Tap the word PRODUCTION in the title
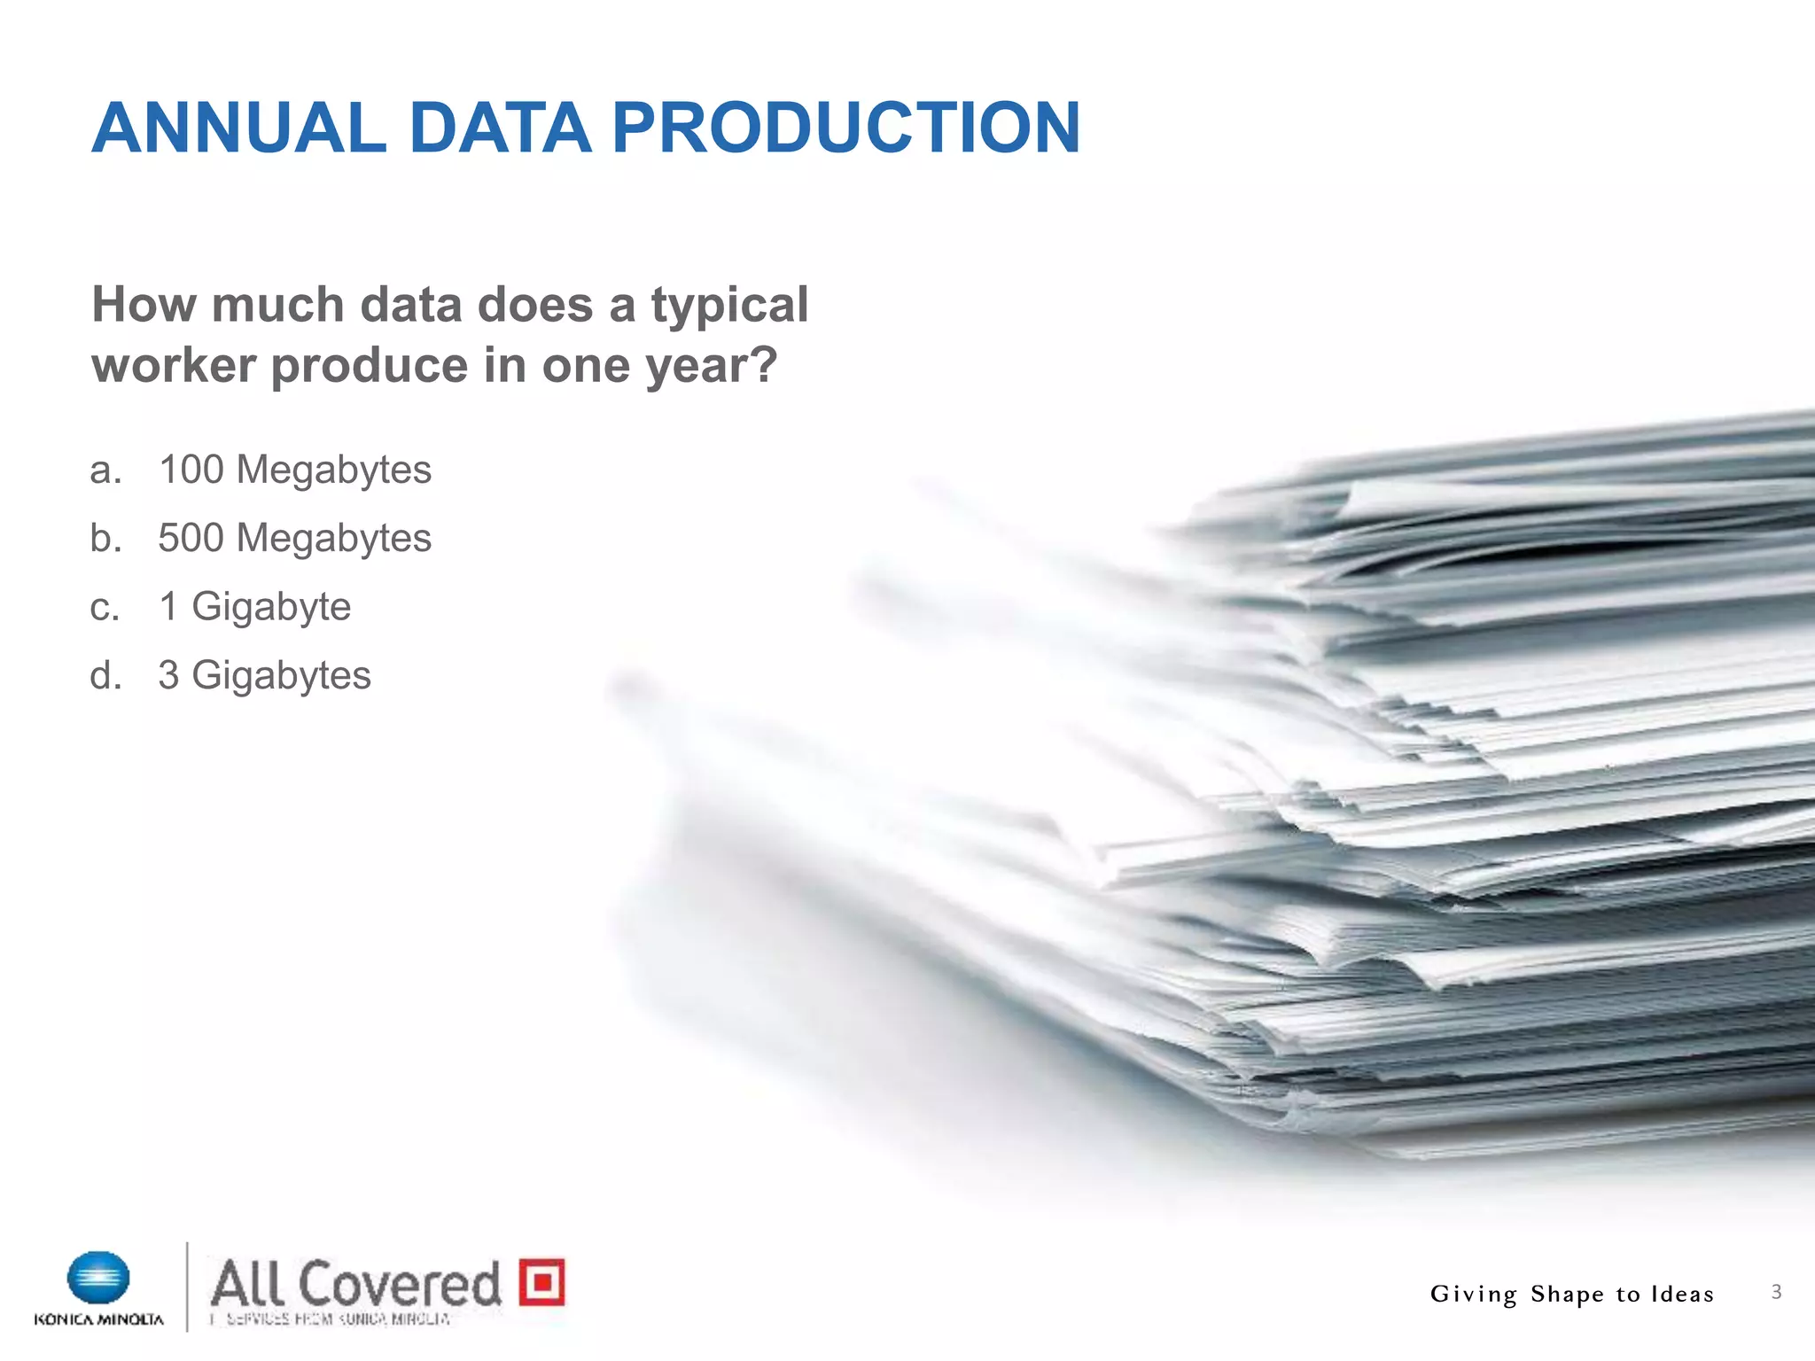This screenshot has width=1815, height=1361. point(845,128)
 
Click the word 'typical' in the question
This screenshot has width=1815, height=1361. point(729,307)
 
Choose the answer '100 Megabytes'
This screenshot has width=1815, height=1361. point(294,470)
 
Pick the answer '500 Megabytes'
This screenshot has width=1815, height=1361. point(294,539)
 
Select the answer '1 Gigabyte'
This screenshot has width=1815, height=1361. point(254,607)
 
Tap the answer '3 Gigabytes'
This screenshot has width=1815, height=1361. point(264,676)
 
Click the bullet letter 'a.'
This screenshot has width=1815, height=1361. point(105,471)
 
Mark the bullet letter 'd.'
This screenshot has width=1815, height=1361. point(105,676)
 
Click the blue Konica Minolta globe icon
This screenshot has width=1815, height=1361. point(98,1278)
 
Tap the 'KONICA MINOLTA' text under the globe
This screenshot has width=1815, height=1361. point(98,1319)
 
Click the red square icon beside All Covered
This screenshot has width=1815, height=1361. point(541,1281)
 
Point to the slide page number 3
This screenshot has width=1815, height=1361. point(1776,1292)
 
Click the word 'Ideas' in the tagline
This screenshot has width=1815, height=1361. point(1681,1295)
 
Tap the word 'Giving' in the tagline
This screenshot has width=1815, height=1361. point(1474,1295)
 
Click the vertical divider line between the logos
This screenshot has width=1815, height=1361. point(187,1287)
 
